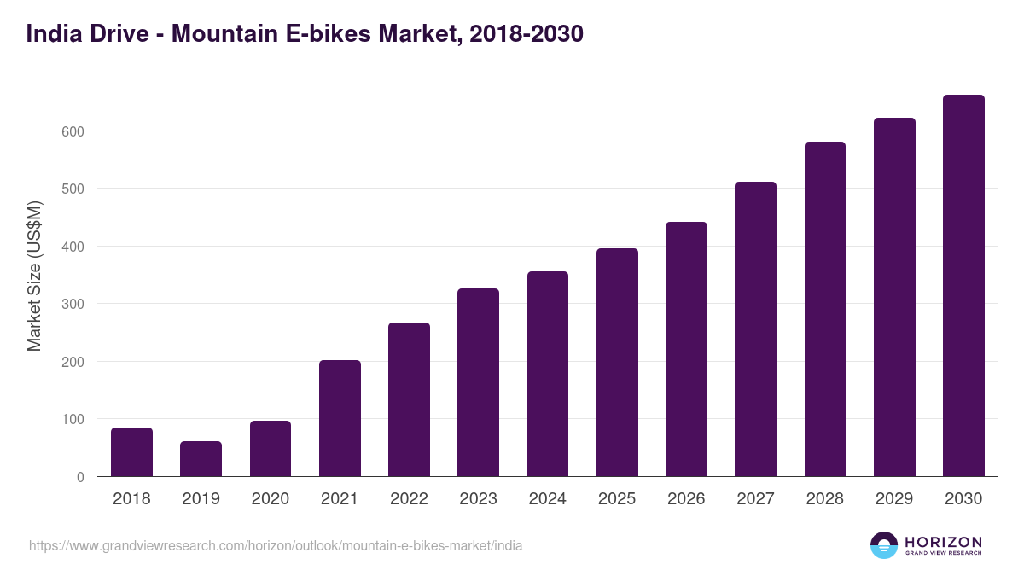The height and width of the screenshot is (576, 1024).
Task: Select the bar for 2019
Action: (x=201, y=459)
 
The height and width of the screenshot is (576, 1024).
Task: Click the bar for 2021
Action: (x=340, y=418)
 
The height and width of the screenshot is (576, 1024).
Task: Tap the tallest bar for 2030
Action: (x=963, y=286)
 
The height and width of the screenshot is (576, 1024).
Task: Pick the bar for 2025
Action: (x=617, y=363)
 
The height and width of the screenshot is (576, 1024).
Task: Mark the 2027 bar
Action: (x=755, y=329)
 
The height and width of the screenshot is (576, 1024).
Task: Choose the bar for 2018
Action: (x=131, y=452)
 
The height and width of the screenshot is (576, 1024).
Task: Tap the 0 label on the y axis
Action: (x=80, y=477)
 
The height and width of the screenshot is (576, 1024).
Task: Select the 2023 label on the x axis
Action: (x=478, y=499)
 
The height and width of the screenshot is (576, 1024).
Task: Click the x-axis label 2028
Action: (x=824, y=499)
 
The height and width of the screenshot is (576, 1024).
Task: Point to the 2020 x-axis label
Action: (x=270, y=499)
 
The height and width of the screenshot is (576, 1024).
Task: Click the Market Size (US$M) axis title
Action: (x=34, y=276)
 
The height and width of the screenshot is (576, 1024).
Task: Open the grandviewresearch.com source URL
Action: (x=276, y=545)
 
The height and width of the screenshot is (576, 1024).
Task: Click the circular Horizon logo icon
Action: (x=884, y=545)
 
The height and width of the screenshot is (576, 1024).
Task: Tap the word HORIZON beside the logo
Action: (x=943, y=541)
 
